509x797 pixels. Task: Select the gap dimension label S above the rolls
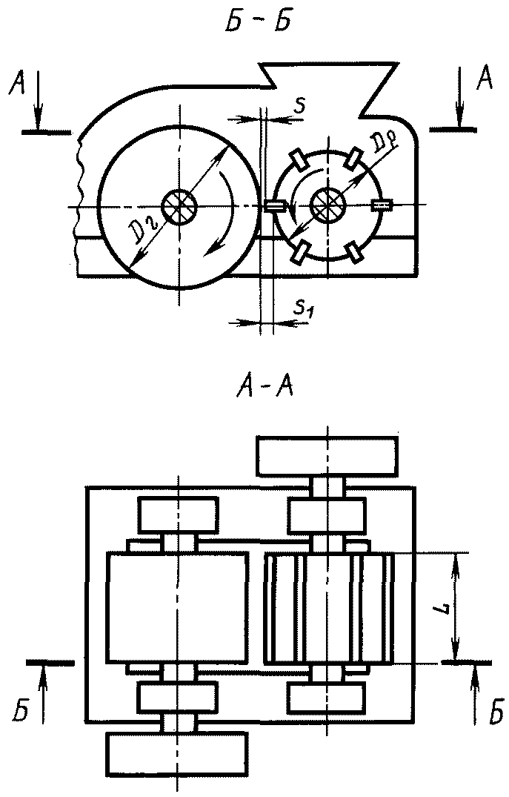click(x=299, y=106)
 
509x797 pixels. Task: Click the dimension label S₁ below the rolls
click(x=303, y=307)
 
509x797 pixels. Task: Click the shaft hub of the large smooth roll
click(x=179, y=207)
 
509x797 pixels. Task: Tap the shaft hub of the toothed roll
click(x=328, y=205)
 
